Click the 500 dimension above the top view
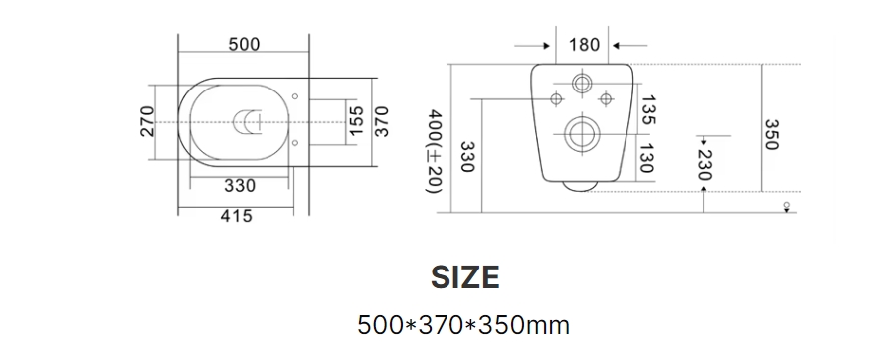[244, 44]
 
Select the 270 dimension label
[147, 121]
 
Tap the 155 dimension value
[356, 121]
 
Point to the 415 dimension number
[237, 216]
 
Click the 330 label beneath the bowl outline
[240, 186]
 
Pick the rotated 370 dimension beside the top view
[381, 121]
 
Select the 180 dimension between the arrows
[584, 45]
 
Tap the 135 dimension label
[647, 110]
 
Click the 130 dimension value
[645, 158]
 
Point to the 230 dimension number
[704, 164]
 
